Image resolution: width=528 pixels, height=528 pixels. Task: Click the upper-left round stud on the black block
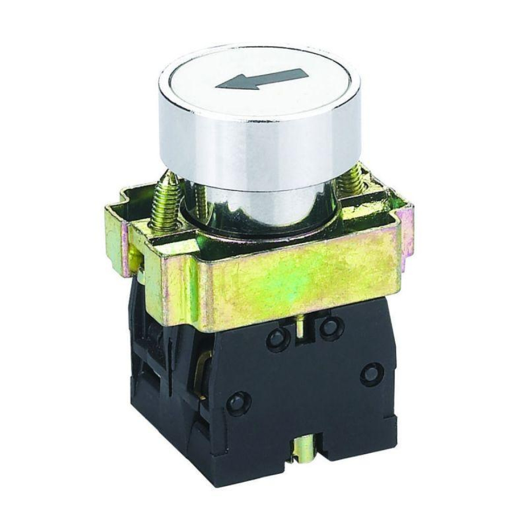[276, 338]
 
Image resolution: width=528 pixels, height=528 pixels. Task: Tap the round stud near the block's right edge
[371, 374]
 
